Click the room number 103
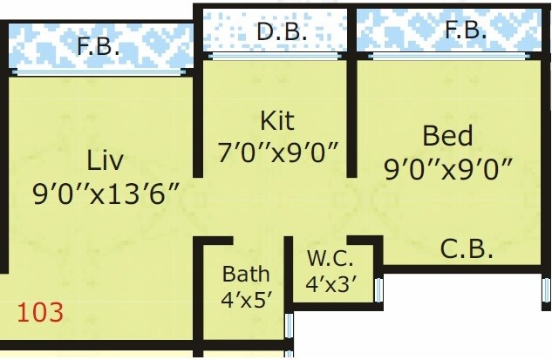pos(41,313)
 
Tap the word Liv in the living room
pos(105,160)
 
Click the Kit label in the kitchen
pos(277,119)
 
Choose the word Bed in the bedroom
pos(447,136)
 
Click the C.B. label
pos(467,249)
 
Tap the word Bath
pos(246,274)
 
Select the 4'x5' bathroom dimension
pos(246,298)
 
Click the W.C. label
pos(329,259)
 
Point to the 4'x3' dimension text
pos(331,283)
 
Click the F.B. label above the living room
pos(98,46)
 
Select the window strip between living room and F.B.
pos(98,72)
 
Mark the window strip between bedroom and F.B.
pos(451,56)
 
